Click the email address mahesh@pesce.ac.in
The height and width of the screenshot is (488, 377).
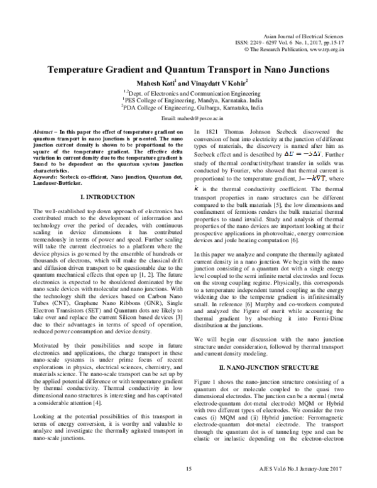[x=197, y=118]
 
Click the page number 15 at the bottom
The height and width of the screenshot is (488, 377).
[x=188, y=469]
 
